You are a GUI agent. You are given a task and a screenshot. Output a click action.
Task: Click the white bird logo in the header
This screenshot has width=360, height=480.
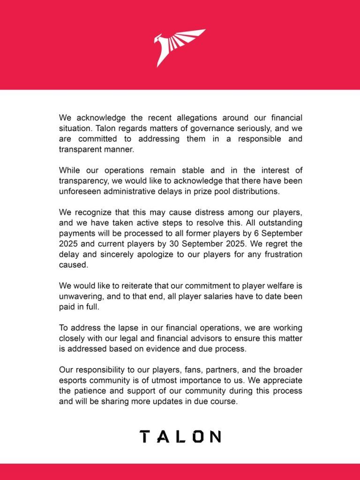point(180,47)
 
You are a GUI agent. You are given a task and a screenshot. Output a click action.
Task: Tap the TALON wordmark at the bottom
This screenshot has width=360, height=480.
point(180,436)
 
